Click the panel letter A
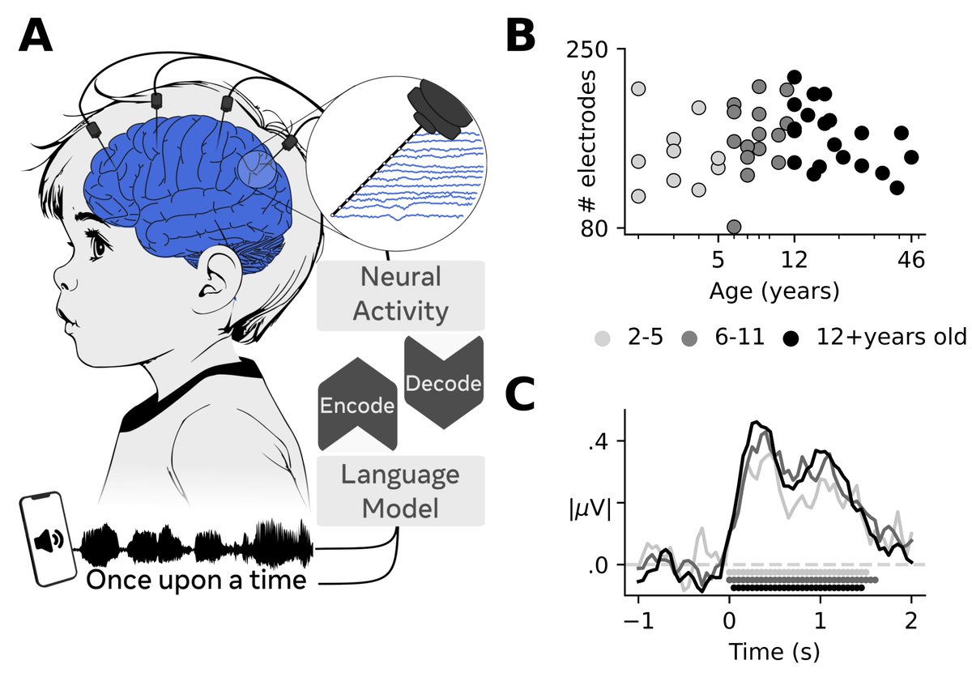pos(36,37)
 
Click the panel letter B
pos(521,37)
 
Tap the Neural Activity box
pos(400,296)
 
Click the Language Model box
pos(400,491)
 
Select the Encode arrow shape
pos(357,404)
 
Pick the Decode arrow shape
pos(444,382)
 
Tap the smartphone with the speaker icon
pos(49,538)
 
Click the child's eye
pos(99,248)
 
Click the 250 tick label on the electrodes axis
pos(587,50)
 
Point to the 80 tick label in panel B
pos(595,228)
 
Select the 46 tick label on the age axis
pos(910,260)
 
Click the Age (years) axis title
pos(774,291)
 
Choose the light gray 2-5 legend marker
pos(603,338)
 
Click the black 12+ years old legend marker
pos(791,338)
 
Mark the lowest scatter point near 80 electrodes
pos(734,227)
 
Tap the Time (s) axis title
pos(775,652)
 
